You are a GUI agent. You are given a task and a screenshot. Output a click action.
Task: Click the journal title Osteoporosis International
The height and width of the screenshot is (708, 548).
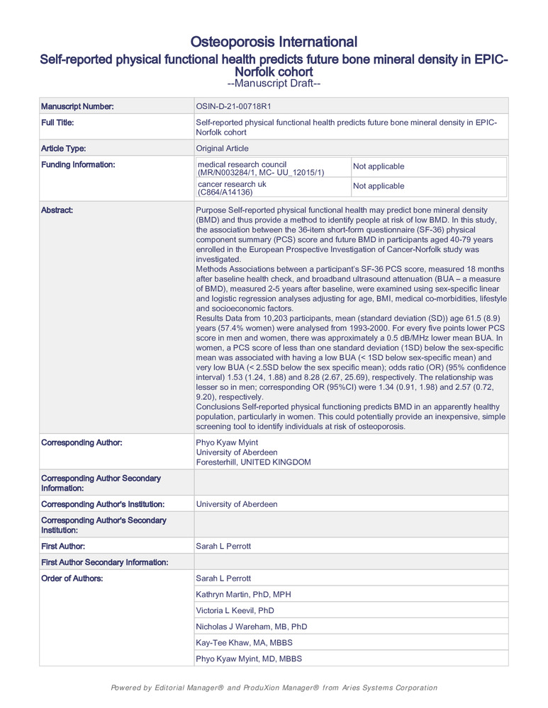point(274,41)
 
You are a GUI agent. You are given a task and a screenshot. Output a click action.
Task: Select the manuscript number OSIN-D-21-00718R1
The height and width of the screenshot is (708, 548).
point(233,106)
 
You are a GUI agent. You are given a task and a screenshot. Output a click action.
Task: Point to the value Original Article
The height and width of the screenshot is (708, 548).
point(222,149)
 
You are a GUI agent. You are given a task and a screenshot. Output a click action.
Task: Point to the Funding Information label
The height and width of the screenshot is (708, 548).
point(78,165)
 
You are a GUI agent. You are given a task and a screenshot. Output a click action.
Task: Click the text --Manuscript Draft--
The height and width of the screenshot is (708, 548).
point(274,84)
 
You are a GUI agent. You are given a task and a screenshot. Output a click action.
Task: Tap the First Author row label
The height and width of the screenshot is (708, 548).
point(63,546)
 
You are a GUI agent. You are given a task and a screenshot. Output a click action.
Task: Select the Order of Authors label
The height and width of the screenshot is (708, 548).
point(72,578)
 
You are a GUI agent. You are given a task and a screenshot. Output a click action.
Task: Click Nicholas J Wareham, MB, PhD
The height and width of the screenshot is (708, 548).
point(251,627)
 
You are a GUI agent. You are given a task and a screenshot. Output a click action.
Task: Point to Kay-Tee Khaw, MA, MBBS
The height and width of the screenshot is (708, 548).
point(244,643)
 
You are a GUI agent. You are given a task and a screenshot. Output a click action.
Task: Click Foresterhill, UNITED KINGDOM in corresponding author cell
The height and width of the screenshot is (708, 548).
point(253,462)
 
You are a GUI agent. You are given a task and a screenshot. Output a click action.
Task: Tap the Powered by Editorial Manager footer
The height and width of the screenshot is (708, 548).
point(274,687)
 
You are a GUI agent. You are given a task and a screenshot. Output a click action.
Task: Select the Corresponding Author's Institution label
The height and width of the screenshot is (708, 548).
point(104,504)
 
